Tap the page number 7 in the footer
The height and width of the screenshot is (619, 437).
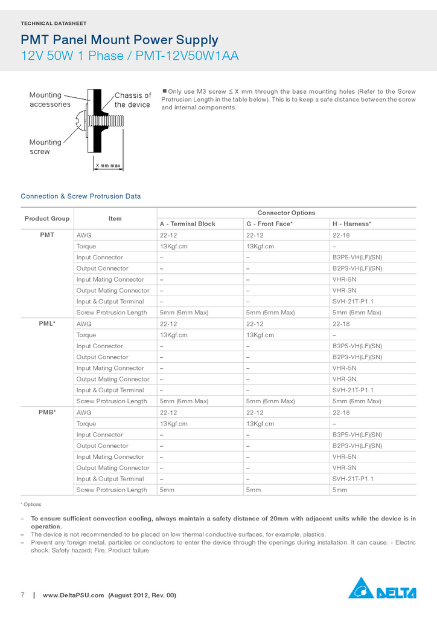click(23, 595)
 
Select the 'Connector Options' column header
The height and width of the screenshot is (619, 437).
click(286, 213)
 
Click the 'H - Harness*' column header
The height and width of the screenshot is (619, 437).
click(351, 224)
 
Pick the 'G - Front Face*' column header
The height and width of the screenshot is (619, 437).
click(269, 224)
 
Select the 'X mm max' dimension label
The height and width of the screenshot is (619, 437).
click(107, 166)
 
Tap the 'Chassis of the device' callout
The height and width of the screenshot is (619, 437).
click(133, 100)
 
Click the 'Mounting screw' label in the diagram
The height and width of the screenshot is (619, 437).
click(45, 147)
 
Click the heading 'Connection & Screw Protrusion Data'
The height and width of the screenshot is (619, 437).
click(80, 196)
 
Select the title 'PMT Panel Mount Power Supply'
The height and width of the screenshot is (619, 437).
click(120, 41)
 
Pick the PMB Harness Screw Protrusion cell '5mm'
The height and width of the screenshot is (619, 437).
click(340, 490)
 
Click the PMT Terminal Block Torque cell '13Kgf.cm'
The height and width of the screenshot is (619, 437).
click(173, 246)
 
